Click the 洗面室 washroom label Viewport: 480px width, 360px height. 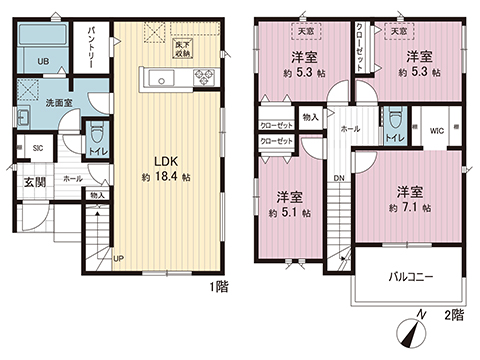click(55, 102)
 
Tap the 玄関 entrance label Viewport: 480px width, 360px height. click(35, 182)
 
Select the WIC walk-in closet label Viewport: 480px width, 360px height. click(437, 129)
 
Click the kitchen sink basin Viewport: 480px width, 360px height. click(157, 79)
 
